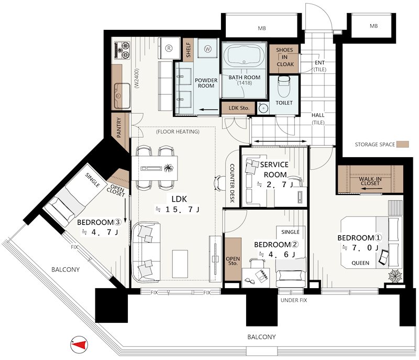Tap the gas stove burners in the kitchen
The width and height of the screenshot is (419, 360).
pos(122,50)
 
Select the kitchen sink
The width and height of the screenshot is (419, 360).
pos(122,95)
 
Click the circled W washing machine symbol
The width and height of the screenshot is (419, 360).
pos(207,49)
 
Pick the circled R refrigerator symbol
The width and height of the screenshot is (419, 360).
pos(169,48)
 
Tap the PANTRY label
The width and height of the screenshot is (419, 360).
pos(119,127)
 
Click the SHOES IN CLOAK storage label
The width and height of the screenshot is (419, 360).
pos(285,57)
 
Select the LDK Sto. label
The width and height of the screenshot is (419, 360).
pos(239,108)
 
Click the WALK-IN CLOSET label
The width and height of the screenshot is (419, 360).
pos(370,181)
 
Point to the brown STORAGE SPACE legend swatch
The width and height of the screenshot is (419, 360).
pos(403,144)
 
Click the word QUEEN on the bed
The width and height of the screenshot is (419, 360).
pos(360,263)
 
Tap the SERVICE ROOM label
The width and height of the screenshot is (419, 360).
pos(274,169)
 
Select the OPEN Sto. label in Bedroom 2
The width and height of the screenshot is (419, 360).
pos(233,261)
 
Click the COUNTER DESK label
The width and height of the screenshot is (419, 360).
pos(232,183)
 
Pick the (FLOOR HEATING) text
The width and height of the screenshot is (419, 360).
pos(178,132)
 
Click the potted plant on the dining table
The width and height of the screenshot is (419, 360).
pos(169,168)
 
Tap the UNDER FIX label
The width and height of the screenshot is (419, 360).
pos(294,300)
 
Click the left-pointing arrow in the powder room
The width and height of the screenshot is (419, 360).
pos(208,110)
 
